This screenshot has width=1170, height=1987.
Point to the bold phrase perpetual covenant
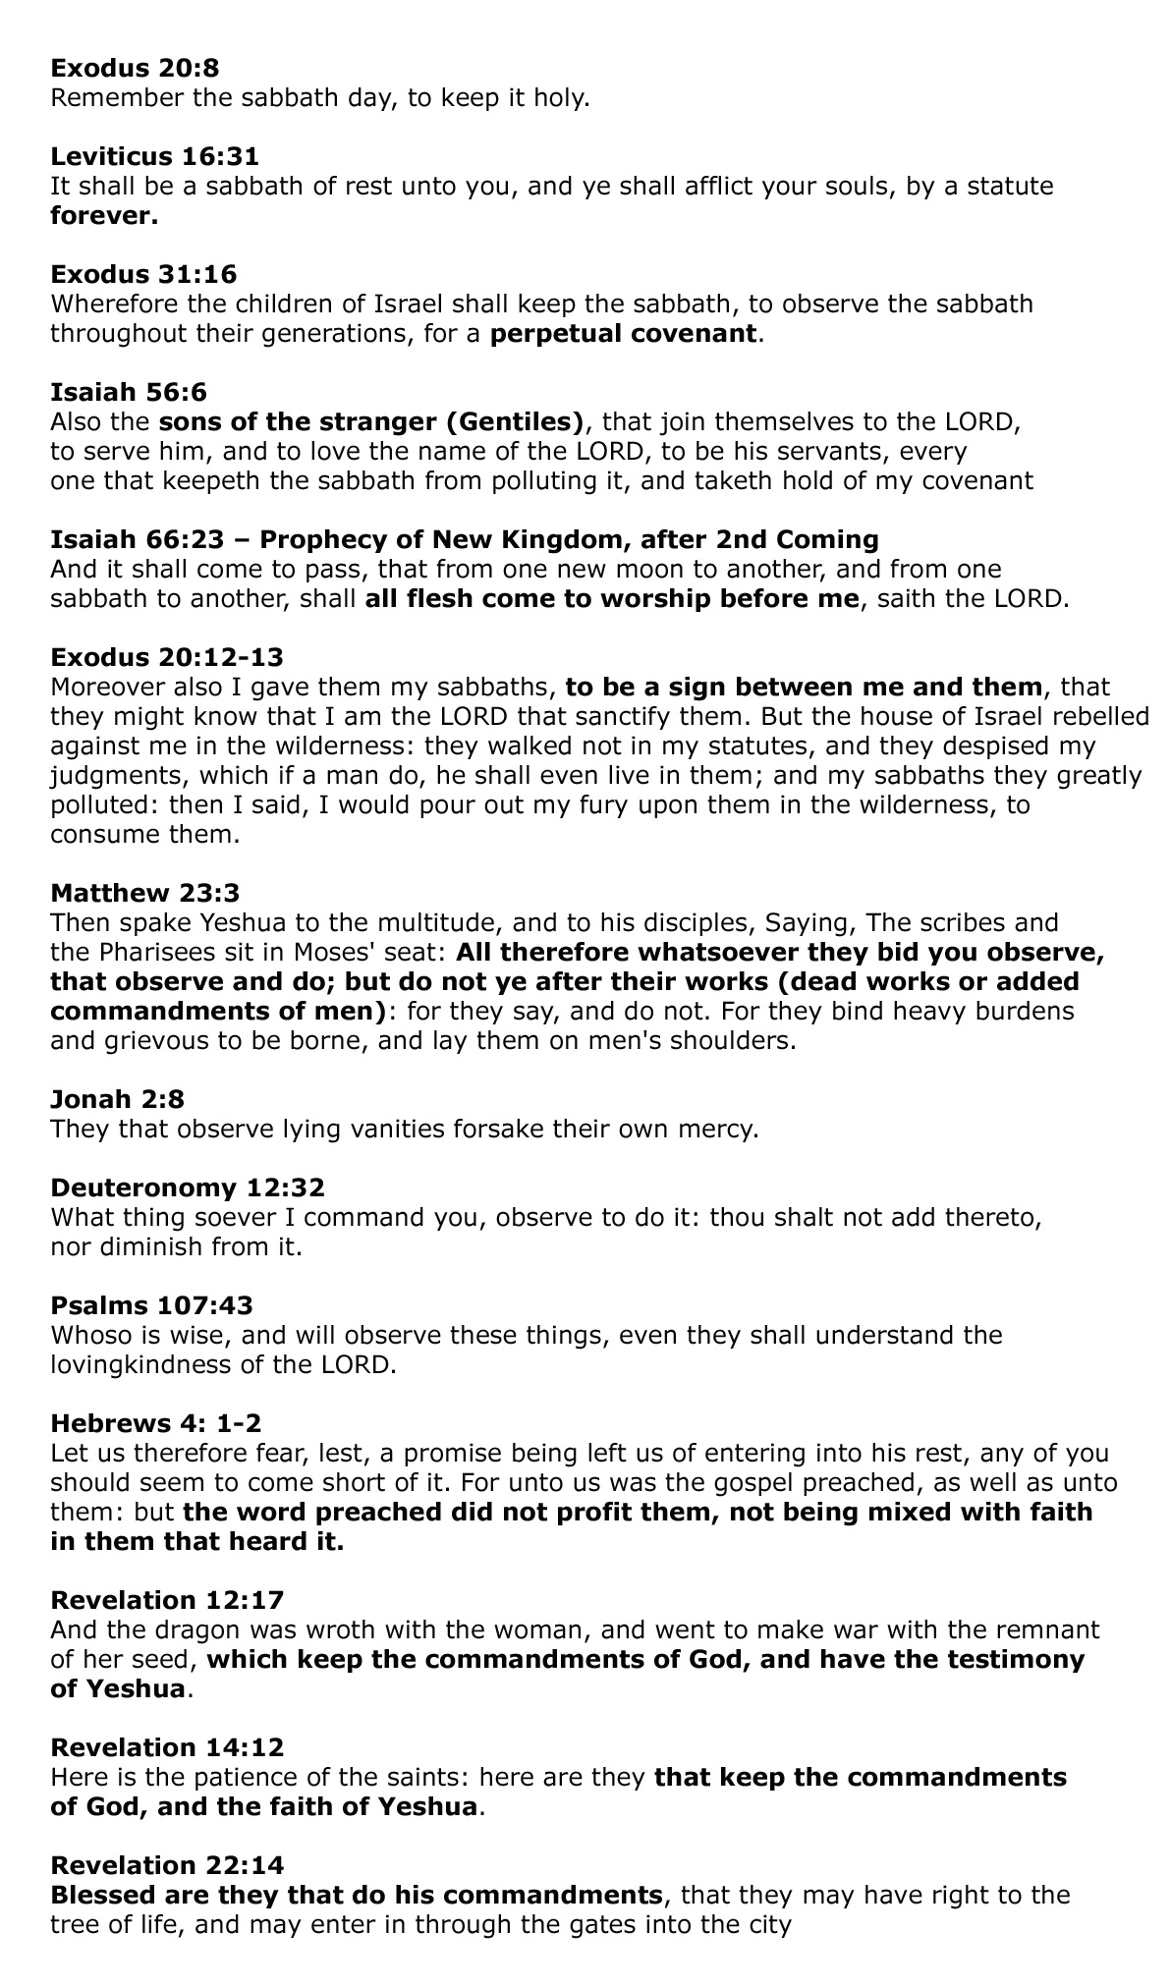tap(624, 333)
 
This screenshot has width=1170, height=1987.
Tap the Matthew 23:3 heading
tap(144, 893)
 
